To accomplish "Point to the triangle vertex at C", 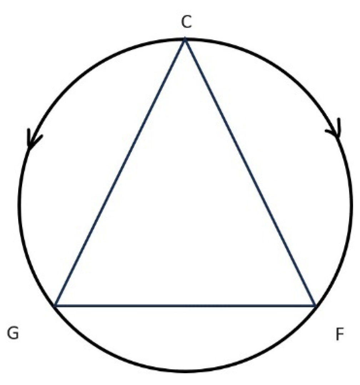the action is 185,39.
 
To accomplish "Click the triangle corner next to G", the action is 55,306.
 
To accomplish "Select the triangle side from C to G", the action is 120,172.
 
